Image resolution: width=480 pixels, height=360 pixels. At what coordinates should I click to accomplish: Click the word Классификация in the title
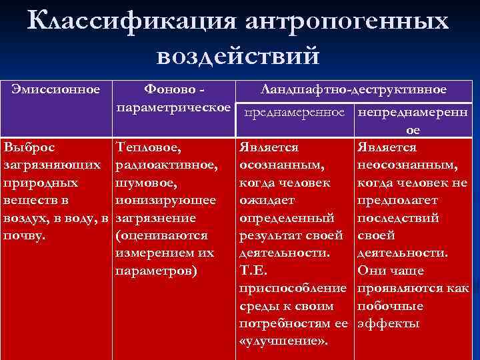(x=131, y=21)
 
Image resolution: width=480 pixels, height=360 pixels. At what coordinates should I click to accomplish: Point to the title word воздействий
(x=238, y=55)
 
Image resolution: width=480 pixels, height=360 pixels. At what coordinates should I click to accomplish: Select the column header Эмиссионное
(x=57, y=89)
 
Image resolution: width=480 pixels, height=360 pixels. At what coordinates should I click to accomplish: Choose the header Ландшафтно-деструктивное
(x=354, y=89)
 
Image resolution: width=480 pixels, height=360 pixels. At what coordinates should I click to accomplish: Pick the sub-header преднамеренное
(x=294, y=113)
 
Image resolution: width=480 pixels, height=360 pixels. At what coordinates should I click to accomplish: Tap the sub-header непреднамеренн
(x=413, y=113)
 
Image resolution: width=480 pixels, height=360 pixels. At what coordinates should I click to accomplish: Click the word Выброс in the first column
(x=29, y=147)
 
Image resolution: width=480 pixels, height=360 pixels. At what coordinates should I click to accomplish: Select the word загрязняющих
(x=52, y=164)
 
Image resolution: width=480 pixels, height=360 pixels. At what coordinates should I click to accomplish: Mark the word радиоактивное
(x=166, y=164)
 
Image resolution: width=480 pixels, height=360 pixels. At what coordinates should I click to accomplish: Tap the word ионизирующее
(x=165, y=200)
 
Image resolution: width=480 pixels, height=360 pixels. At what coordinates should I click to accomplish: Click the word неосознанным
(x=407, y=164)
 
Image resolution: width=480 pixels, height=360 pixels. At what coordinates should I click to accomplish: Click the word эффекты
(x=389, y=324)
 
